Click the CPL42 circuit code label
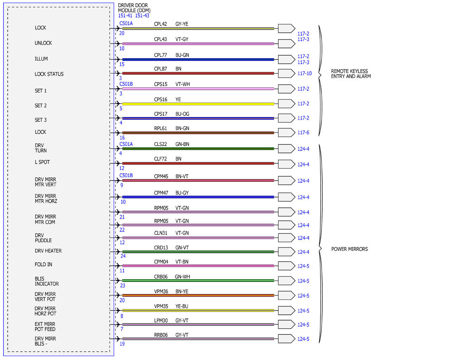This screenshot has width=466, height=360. point(160,24)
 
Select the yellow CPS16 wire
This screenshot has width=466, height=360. point(198,104)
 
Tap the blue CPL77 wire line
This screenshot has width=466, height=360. point(198,59)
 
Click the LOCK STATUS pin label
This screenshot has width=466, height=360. point(49,74)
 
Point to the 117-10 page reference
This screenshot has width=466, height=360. point(304,73)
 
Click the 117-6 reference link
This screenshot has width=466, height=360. point(303,132)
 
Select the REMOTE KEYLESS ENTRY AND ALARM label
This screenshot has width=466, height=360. point(351,74)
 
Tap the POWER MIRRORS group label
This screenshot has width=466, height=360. point(349,249)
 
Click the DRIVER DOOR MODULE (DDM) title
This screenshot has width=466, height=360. point(134,8)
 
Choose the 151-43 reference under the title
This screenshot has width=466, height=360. point(142,16)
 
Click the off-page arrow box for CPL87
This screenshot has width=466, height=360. point(286,73)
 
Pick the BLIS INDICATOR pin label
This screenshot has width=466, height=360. point(47,281)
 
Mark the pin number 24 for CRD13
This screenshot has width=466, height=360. point(123,256)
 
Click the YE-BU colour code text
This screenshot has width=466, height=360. point(182,306)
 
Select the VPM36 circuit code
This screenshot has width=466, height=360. point(161,291)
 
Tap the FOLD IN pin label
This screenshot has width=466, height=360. point(43,264)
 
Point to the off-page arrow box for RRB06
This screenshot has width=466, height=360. point(286,339)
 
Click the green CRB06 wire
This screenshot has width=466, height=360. point(198,280)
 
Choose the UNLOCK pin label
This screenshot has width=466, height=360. point(43,43)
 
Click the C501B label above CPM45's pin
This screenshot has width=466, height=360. point(126,176)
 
